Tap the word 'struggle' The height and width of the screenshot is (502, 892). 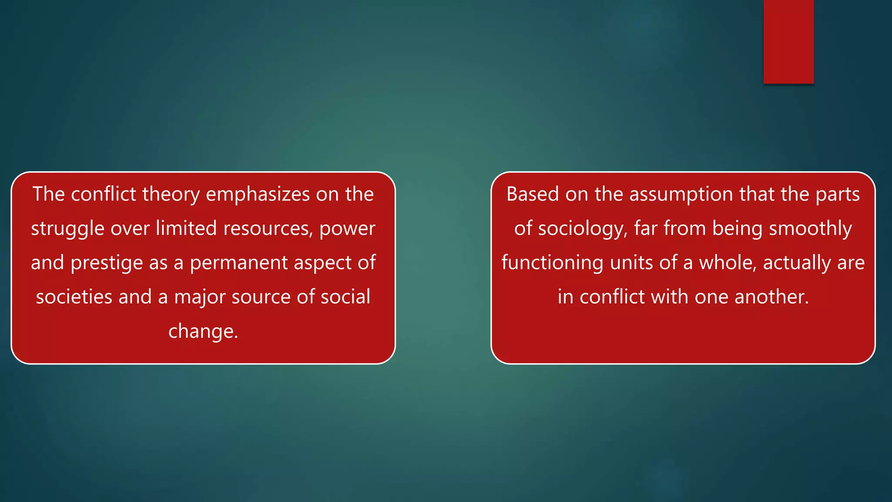[68, 229]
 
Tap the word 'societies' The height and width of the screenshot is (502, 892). [74, 297]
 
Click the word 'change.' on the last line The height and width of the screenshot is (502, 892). [203, 331]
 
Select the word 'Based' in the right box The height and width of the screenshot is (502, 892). [532, 194]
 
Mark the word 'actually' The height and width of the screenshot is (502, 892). [797, 263]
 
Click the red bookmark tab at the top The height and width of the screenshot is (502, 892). [788, 41]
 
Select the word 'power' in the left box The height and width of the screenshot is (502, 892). [347, 229]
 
